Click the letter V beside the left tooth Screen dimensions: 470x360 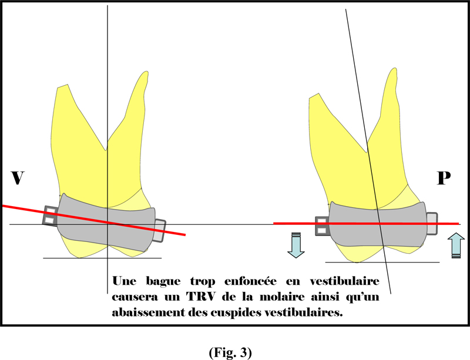(x=18, y=178)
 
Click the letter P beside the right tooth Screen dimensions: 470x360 (x=444, y=178)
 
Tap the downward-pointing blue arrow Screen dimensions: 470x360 (x=296, y=245)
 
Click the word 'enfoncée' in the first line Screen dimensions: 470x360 (x=250, y=281)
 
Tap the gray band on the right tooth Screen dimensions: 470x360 (x=378, y=224)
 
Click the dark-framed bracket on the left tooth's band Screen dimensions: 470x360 (x=51, y=216)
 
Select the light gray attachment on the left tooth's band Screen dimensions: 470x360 (x=159, y=231)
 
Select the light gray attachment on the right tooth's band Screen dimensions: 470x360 (x=432, y=223)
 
